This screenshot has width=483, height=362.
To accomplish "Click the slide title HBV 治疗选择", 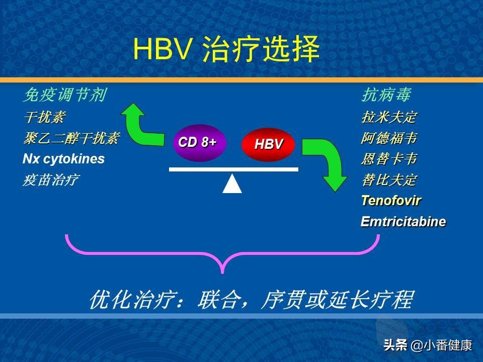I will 226,50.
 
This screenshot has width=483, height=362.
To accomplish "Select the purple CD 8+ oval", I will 198,142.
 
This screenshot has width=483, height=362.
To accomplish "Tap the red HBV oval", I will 269,144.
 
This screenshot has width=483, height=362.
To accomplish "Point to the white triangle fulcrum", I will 232,184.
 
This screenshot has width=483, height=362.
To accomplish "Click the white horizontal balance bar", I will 233,169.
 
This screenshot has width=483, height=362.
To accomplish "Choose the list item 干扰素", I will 44,118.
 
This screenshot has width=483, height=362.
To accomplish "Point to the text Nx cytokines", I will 63,159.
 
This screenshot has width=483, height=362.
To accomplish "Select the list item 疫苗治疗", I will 50,180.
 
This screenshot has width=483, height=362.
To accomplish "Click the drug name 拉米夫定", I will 388,118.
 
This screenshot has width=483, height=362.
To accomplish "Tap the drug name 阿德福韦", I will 388,138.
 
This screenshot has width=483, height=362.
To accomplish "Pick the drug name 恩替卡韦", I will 388,159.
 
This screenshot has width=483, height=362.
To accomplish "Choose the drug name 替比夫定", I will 388,180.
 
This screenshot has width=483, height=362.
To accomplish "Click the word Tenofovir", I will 391,201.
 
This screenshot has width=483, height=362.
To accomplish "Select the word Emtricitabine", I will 403,222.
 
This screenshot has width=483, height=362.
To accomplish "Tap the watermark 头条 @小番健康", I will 428,345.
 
